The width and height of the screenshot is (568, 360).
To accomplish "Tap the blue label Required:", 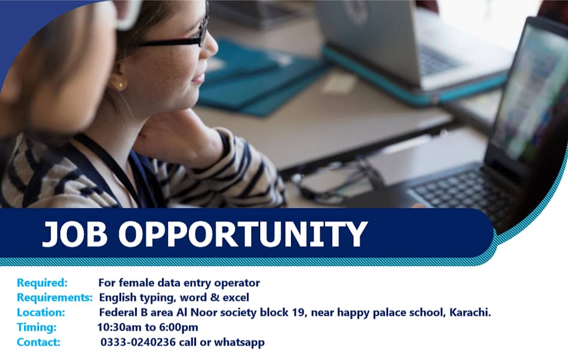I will (x=42, y=283).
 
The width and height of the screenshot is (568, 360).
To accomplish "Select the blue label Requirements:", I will (x=55, y=298).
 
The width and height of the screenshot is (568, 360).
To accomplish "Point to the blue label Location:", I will (x=40, y=313).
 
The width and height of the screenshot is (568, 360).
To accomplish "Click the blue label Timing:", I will (x=37, y=328).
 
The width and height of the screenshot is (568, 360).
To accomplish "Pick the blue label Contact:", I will (x=38, y=343).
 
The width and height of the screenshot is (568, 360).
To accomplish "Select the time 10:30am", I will (x=119, y=328).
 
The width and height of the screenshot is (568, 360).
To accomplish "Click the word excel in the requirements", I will (x=236, y=298).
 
